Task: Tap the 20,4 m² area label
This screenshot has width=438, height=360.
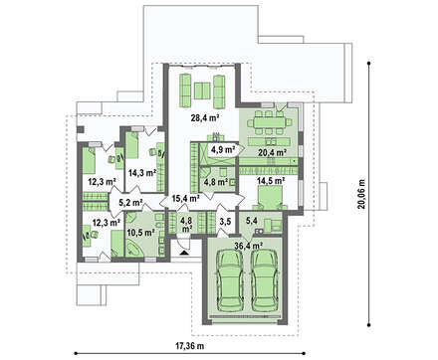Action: point(272,153)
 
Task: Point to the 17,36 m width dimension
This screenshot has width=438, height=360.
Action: point(189,346)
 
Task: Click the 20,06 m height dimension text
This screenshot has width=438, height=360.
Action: point(361,194)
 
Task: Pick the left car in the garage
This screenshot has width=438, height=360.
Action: point(229,280)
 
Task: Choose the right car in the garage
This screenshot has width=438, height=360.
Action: point(264,280)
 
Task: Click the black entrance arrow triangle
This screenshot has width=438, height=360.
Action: point(183,254)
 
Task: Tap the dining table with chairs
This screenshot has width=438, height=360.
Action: point(270,123)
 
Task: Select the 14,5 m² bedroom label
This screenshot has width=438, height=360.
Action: point(271,181)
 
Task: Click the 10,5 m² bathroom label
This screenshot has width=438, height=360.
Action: point(141,233)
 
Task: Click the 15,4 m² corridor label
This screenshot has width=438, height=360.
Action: point(186,199)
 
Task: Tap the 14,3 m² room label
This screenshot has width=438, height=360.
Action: point(142,173)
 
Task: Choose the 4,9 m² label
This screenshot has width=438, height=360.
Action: point(223,149)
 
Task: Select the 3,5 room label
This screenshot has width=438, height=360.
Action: point(225,222)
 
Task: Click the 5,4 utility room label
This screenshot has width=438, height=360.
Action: point(252,220)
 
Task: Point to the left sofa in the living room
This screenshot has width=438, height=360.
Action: point(185,90)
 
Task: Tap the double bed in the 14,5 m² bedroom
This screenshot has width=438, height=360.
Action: point(271,197)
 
